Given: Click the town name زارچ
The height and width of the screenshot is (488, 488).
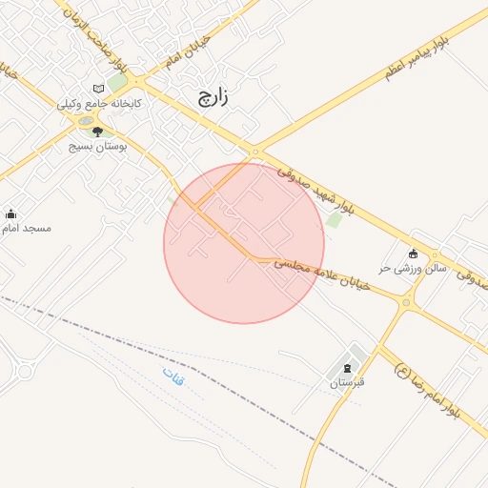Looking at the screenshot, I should click(x=214, y=94).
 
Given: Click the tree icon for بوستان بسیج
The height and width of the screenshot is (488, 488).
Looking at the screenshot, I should click(x=98, y=132).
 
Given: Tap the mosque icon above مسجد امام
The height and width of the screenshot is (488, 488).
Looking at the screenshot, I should click(x=11, y=214).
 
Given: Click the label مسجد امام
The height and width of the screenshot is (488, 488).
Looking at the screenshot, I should click(x=26, y=229).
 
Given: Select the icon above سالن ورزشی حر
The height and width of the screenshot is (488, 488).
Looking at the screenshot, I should click(x=414, y=254).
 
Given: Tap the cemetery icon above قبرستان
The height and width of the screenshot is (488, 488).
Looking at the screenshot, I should click(x=347, y=367).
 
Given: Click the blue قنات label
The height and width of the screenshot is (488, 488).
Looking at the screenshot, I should click(x=174, y=376).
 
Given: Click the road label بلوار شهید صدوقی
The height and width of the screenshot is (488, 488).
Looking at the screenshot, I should click(x=315, y=192).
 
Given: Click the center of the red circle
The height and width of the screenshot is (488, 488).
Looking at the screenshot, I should click(x=244, y=243).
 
